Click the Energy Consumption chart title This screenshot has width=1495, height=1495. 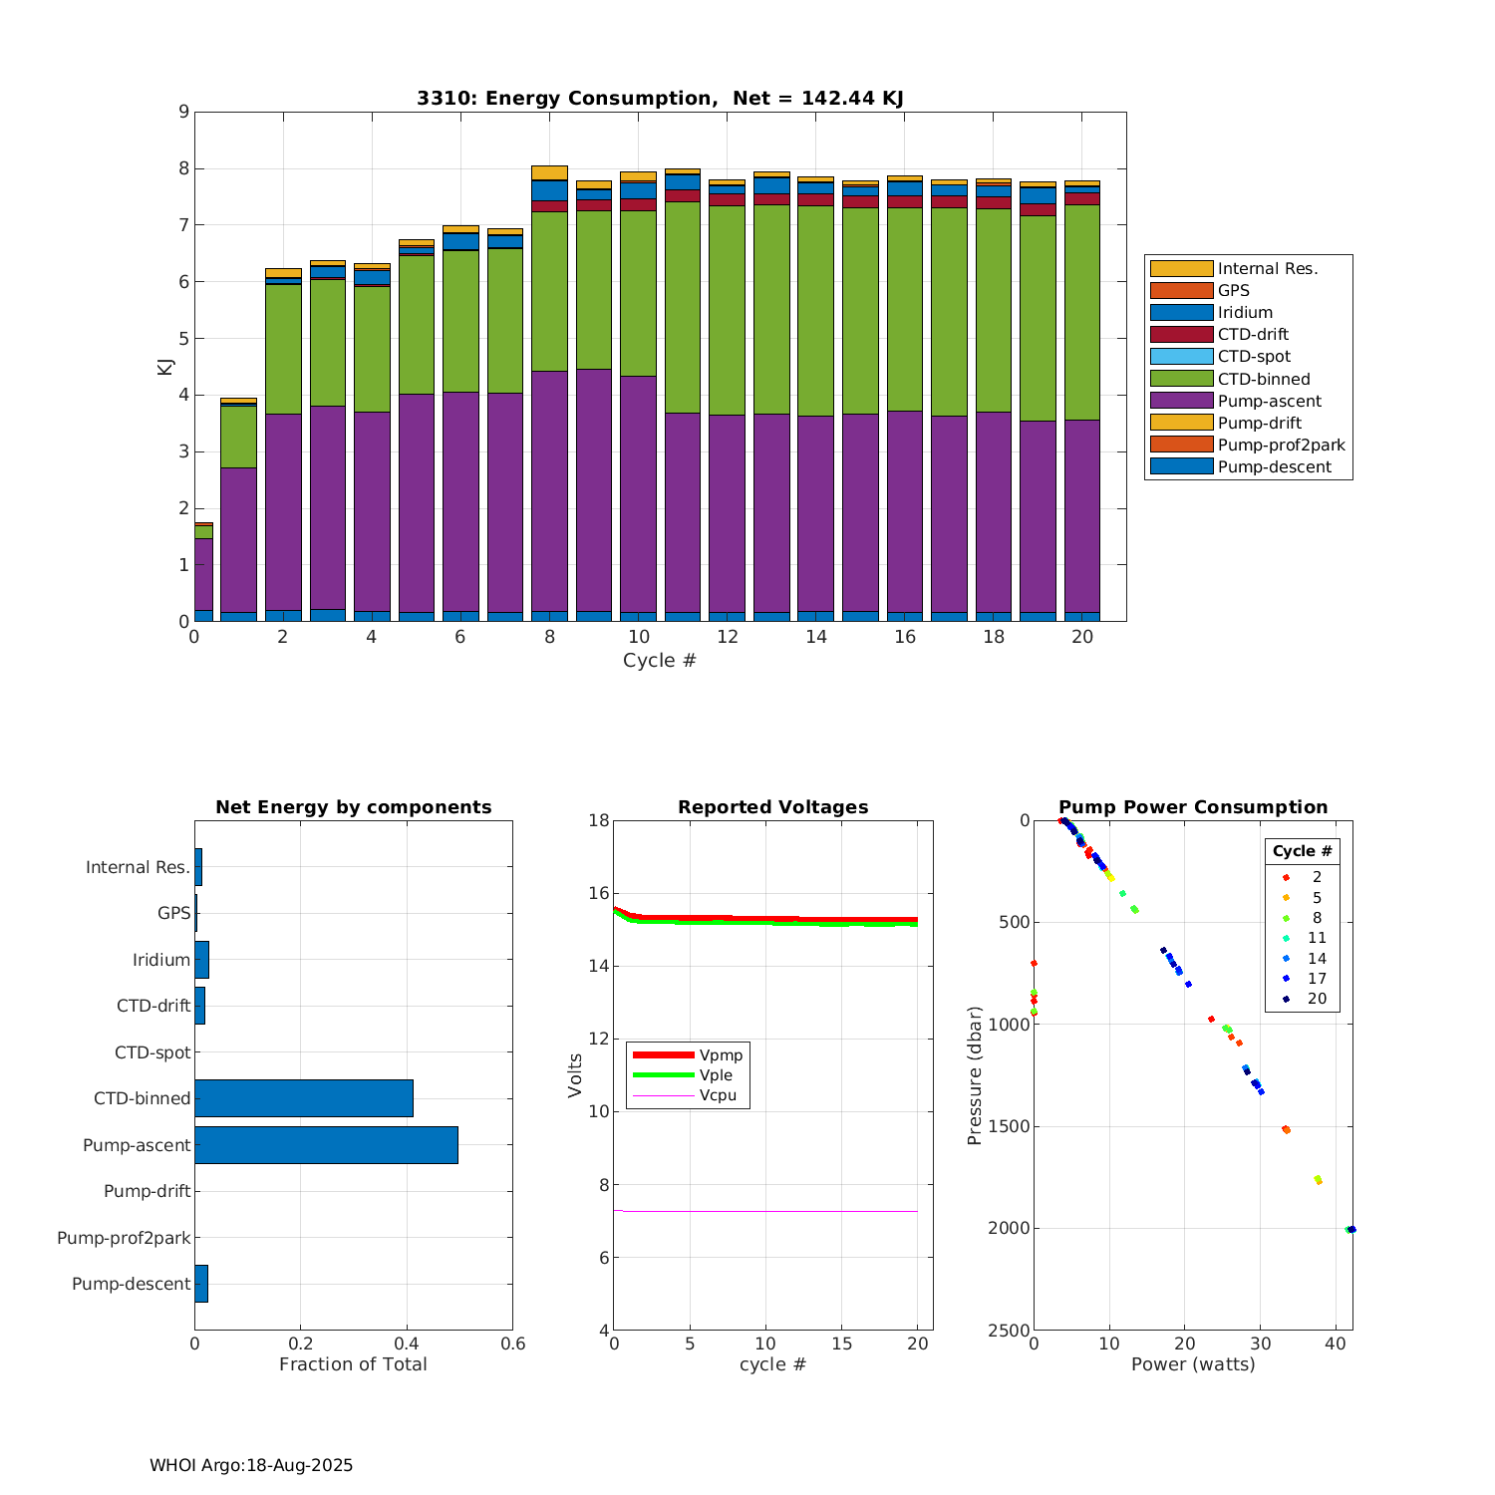[x=660, y=98]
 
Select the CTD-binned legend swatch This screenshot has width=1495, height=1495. [x=1181, y=379]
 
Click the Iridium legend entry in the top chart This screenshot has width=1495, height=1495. [x=1245, y=312]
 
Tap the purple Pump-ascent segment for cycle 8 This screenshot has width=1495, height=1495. [x=549, y=488]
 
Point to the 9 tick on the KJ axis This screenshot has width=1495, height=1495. [x=183, y=112]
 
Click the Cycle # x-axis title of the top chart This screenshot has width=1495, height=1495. [x=660, y=660]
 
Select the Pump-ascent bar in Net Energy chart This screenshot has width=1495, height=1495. [x=326, y=1145]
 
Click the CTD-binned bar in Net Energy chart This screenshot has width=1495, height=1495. [x=304, y=1098]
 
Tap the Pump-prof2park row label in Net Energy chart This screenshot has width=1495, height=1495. [x=124, y=1238]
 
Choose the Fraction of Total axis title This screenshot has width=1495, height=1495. [x=353, y=1364]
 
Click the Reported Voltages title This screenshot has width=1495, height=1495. [x=772, y=807]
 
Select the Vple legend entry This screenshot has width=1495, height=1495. [x=716, y=1075]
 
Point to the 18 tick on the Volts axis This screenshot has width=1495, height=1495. [x=598, y=821]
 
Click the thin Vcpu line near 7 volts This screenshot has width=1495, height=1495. [x=767, y=1211]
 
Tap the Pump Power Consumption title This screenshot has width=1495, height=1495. [x=1193, y=807]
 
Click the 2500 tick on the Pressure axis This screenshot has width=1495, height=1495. [x=1010, y=1331]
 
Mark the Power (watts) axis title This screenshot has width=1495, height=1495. [x=1193, y=1364]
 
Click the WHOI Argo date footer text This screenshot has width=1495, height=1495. [x=251, y=1465]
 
